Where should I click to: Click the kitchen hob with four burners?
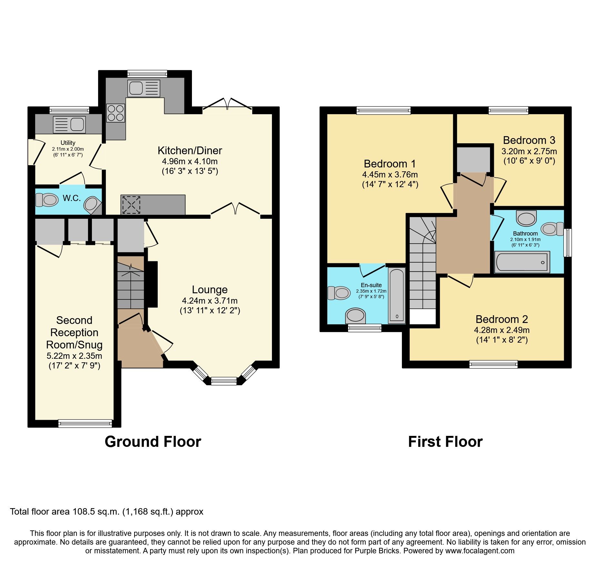point(115,113)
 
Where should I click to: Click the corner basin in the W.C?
point(92,205)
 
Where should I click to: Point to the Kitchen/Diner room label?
point(190,150)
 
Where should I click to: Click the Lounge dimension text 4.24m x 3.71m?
point(210,301)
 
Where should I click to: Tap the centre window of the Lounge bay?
point(224,381)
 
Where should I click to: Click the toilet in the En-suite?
point(339,293)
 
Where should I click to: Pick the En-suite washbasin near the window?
point(355,315)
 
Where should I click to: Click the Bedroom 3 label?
point(529,140)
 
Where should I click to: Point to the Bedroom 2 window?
point(493,365)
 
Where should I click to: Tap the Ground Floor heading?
point(153,441)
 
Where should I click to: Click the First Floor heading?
point(445,441)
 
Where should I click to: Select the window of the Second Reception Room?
point(85,423)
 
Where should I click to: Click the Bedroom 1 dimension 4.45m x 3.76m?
point(390,175)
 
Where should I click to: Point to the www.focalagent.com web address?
point(480,551)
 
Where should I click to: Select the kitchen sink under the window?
point(144,88)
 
